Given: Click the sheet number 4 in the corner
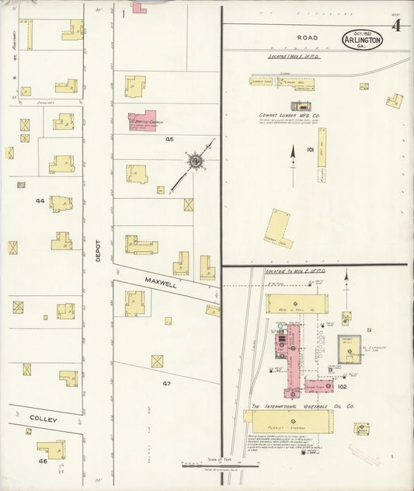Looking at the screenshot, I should click(x=396, y=26).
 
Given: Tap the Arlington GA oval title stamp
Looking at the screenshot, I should click(x=361, y=40).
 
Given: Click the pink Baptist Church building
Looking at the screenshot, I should click(x=142, y=120).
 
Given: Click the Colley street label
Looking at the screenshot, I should click(x=43, y=419).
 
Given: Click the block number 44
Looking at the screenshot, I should click(x=40, y=200).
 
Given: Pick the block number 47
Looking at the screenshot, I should click(x=166, y=384).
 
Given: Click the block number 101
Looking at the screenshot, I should click(x=309, y=149).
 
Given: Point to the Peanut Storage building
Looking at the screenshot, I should click(x=288, y=422).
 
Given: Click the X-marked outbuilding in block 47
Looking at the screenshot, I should click(x=157, y=361).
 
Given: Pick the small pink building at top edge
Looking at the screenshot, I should click(x=138, y=8).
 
